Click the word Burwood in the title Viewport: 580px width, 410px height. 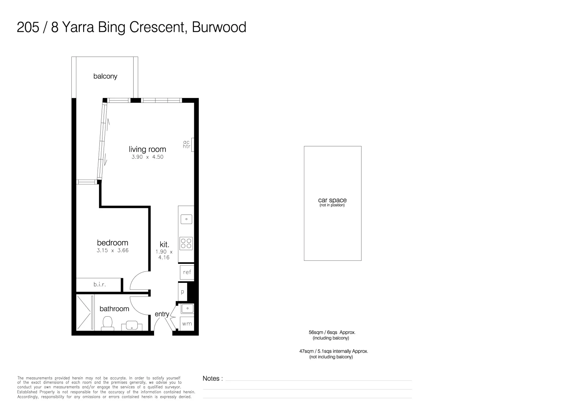(219, 27)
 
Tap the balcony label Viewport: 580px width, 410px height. (105, 76)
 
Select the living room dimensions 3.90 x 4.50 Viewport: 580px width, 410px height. (147, 157)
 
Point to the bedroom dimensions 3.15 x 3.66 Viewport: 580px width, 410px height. (112, 250)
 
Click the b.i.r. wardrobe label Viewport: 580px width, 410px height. (99, 284)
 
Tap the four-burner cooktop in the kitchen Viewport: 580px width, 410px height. (186, 243)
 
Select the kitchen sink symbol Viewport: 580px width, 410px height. (186, 219)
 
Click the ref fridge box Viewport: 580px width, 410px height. (187, 272)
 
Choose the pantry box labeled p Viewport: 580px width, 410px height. (183, 292)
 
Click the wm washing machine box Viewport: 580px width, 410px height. (187, 324)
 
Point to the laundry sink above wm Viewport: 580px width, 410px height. (187, 308)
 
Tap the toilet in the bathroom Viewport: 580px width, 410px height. (108, 323)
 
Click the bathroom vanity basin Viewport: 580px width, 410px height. (132, 326)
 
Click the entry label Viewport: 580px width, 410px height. (162, 314)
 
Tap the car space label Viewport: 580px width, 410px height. (332, 200)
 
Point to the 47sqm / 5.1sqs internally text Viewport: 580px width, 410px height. (333, 351)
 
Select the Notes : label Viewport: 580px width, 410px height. (213, 378)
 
